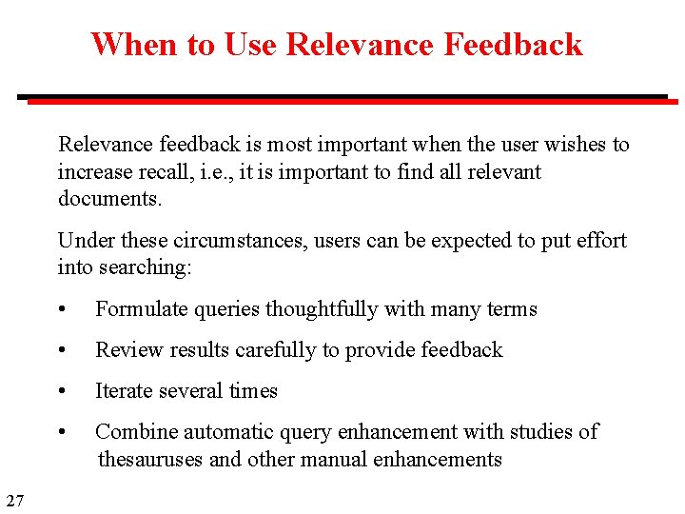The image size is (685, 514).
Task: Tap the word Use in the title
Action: click(x=251, y=45)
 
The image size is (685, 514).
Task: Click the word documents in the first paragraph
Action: click(x=108, y=199)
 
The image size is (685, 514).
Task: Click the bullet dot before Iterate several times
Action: click(x=62, y=392)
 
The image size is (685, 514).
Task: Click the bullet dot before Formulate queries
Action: click(x=62, y=310)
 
